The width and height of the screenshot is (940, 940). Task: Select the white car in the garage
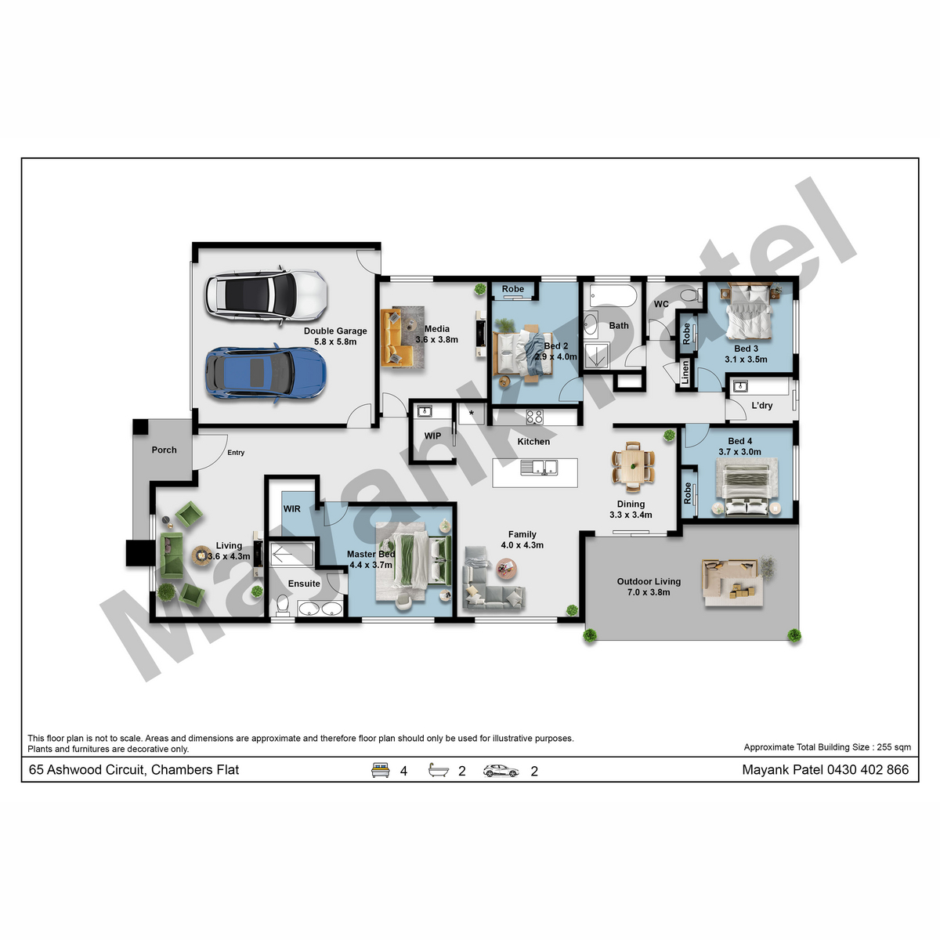point(266,295)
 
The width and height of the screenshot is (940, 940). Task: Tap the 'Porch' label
point(164,450)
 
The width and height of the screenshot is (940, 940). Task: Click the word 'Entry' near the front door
point(236,453)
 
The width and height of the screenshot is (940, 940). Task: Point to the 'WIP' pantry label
point(432,436)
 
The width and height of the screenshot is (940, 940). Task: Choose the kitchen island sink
point(539,468)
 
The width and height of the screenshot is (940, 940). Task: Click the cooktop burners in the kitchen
point(535,417)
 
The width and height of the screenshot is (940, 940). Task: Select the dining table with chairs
point(633,466)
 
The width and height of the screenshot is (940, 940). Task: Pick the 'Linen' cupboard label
point(685,373)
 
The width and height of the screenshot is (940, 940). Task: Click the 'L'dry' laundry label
point(762,405)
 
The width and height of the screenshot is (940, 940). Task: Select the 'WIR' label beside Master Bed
point(291,509)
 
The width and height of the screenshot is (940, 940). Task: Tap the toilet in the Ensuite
point(283,605)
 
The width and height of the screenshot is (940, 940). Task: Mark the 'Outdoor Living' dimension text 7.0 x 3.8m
point(649,592)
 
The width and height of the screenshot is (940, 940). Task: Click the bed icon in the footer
point(380,770)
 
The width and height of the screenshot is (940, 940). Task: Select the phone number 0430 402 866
point(868,770)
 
